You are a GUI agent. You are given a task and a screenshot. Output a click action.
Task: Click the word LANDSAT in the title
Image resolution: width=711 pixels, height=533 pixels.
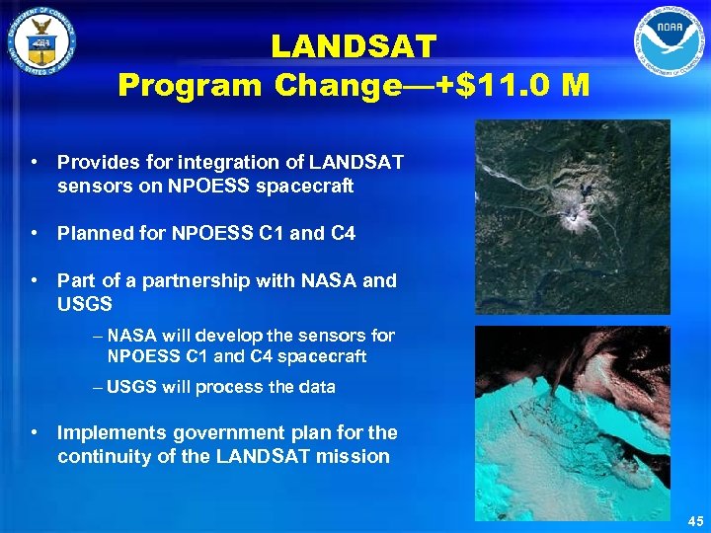point(354,46)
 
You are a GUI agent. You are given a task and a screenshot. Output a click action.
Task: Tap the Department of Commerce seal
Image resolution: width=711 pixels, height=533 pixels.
point(40,44)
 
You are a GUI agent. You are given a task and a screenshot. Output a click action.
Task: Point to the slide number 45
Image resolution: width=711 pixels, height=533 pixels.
point(693,521)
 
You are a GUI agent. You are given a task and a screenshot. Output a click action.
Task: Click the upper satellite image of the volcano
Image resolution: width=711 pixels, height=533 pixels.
point(572,217)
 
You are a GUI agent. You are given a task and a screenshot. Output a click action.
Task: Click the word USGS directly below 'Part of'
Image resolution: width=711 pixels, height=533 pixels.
point(85,305)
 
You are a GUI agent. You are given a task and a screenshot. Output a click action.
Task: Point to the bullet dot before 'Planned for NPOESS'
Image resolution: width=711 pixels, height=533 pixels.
point(36,234)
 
